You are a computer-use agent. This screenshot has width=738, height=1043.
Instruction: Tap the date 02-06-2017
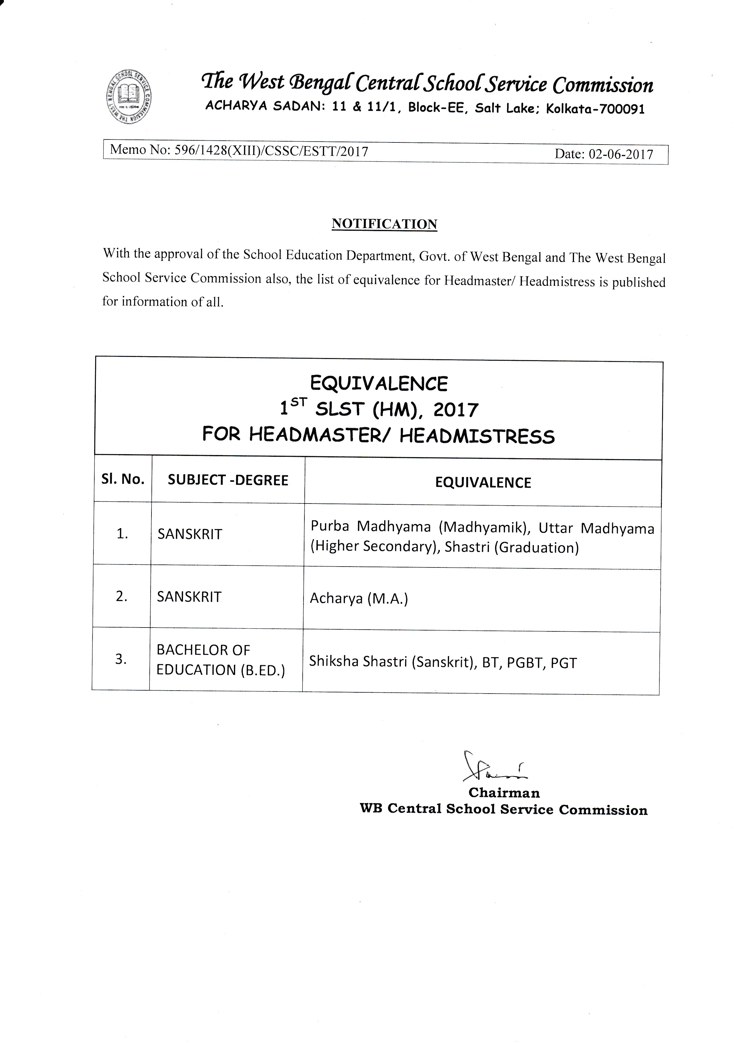[621, 154]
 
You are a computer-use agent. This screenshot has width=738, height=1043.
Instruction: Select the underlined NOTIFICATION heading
[384, 224]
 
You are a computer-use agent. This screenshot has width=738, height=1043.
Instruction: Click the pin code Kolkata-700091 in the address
[595, 109]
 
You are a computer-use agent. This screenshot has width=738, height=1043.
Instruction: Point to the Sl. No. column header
[123, 479]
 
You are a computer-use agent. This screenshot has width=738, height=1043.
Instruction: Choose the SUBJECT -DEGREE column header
[228, 480]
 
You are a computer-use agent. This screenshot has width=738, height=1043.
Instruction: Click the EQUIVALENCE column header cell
[483, 482]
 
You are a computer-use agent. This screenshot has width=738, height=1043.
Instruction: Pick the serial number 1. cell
[122, 534]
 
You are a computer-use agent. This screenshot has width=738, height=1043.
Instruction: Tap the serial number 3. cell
[121, 659]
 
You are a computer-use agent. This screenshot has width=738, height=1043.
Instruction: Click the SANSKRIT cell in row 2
[189, 597]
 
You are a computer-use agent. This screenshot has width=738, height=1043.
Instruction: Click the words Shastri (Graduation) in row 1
[512, 548]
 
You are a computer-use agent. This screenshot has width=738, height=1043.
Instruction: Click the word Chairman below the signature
[504, 793]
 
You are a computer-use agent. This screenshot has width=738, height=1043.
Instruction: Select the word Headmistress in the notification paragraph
[557, 282]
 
